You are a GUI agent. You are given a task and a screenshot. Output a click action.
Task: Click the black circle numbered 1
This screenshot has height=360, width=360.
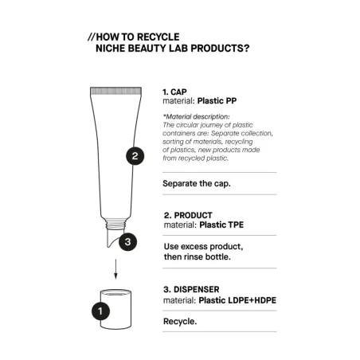100,311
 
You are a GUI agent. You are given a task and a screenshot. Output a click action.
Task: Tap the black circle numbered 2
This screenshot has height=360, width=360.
135,156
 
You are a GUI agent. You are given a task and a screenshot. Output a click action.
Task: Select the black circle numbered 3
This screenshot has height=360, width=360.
127,242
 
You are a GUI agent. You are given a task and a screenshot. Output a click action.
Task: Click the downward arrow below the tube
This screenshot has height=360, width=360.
115,269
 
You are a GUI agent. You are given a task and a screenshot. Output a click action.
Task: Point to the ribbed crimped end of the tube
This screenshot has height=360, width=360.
115,91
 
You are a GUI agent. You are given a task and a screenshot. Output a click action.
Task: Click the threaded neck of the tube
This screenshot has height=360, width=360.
115,224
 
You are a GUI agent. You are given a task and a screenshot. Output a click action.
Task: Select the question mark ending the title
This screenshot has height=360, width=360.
247,49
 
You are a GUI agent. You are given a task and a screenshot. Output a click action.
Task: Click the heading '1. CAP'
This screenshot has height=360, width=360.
174,92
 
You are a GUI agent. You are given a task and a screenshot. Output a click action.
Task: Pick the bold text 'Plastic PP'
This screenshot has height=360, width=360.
217,101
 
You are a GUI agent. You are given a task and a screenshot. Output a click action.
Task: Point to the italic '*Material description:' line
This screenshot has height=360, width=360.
196,116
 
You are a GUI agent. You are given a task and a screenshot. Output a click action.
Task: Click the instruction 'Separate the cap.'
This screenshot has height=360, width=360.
197,183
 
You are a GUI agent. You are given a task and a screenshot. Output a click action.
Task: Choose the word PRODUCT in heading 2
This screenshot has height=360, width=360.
193,215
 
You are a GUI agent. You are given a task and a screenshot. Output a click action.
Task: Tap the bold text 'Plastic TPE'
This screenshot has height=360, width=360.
221,225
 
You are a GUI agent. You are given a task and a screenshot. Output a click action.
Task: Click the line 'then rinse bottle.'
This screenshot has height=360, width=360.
198,256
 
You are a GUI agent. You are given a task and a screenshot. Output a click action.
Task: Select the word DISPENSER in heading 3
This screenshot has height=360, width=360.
197,289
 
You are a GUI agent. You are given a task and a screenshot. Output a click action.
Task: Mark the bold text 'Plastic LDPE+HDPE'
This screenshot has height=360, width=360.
237,300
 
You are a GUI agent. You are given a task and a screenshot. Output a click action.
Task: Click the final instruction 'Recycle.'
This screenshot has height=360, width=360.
180,322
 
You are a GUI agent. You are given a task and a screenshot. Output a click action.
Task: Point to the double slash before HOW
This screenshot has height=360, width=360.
91,37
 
